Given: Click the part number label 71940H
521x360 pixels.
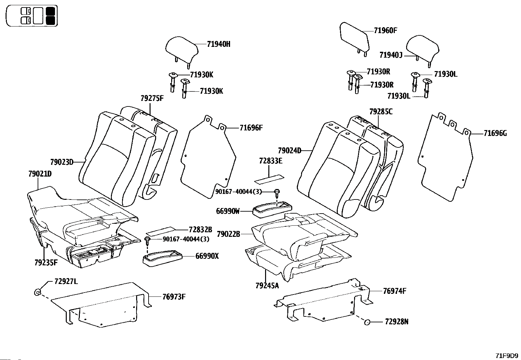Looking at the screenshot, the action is coord(219,44).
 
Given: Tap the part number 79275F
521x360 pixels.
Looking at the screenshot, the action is coord(152,98).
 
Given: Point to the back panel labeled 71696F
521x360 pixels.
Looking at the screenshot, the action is coord(208,157).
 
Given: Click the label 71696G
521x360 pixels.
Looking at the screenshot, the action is coord(495,133).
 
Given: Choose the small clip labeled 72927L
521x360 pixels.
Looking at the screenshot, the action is coord(37,292).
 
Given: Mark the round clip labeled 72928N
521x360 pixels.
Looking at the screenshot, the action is coord(367,322).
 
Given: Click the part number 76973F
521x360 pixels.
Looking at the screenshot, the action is coord(174,297).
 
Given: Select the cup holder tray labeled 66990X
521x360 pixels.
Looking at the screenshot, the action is coord(162,258).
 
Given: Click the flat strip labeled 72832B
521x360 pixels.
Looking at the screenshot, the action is coord(161,231).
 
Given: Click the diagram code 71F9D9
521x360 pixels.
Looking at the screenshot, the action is coord(507,356).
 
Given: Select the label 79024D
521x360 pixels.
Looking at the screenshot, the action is coord(290,151).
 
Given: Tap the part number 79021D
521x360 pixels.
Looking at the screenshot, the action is coord(40,174).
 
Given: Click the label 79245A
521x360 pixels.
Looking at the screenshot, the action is coord(267,286).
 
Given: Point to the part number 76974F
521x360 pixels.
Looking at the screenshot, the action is coord(395,291).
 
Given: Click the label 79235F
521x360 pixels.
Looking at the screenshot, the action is coord(46,263).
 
